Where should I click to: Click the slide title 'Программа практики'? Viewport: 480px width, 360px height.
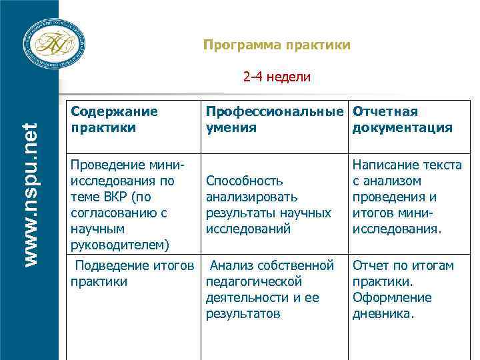277,45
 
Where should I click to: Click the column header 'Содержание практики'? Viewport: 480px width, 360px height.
114,119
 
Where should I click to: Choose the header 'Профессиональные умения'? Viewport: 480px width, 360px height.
276,119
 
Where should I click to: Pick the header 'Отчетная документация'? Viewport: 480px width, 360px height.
402,119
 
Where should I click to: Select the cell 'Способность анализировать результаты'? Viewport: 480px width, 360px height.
269,205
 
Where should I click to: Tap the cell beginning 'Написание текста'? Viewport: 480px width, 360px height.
407,197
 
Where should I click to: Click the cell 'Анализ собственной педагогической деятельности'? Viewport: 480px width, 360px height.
270,289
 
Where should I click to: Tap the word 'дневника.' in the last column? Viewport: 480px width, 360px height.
383,313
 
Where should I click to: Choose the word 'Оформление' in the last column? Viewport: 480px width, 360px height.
392,297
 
